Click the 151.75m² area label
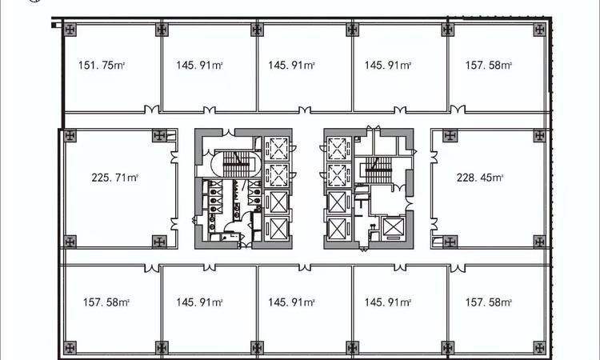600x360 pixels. (102, 65)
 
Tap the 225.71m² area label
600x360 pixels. (114, 178)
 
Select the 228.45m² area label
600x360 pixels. (480, 178)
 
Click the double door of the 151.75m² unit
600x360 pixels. (151, 110)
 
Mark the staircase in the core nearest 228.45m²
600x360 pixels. (378, 170)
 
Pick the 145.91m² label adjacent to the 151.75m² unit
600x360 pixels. (199, 65)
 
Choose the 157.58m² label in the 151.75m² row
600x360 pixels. (489, 65)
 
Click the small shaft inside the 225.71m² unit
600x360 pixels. (172, 135)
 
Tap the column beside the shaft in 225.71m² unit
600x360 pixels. (159, 135)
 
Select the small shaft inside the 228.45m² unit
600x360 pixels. (437, 242)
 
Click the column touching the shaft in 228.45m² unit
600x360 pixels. (450, 242)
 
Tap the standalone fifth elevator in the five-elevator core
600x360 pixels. (393, 227)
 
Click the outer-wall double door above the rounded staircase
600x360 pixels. (229, 132)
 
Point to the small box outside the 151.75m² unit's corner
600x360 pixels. (56, 26)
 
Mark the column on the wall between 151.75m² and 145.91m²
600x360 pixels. (162, 30)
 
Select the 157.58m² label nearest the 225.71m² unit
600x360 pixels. (106, 302)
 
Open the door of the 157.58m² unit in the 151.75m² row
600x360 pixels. (458, 110)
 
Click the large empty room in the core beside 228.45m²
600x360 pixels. (387, 201)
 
